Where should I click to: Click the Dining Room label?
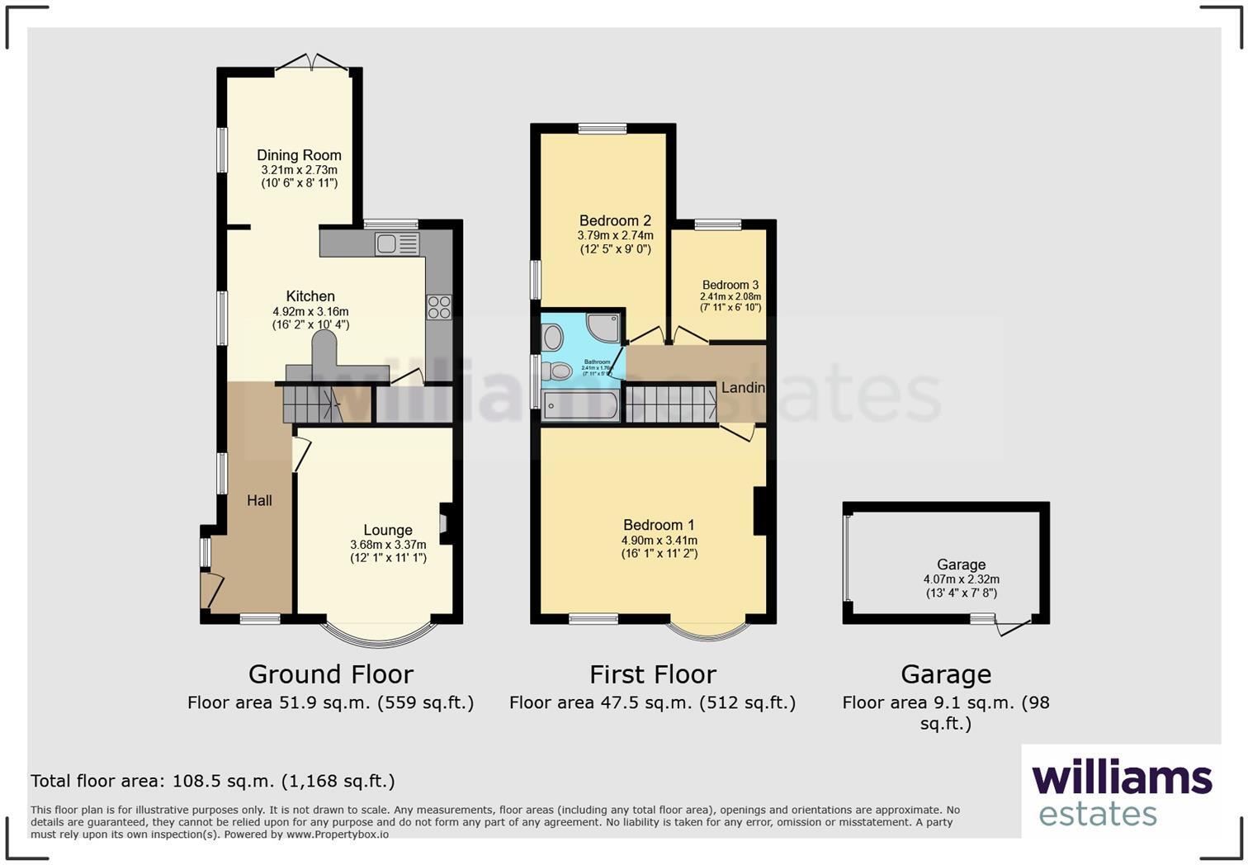click(299, 155)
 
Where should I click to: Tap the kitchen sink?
click(396, 243)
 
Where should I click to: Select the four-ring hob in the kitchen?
click(439, 307)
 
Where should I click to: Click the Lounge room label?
click(388, 530)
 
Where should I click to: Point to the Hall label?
click(259, 500)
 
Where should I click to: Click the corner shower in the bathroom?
click(603, 328)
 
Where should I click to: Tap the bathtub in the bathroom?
click(582, 406)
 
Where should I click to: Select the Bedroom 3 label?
click(730, 285)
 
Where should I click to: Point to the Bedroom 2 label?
click(615, 220)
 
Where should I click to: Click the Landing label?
click(743, 387)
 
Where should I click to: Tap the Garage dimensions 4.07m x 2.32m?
click(962, 579)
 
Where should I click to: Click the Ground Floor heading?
click(330, 674)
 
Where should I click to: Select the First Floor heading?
click(653, 674)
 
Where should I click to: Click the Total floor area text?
click(213, 781)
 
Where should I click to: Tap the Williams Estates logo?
click(1122, 792)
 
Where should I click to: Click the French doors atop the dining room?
click(312, 63)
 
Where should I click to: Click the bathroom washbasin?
click(553, 337)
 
